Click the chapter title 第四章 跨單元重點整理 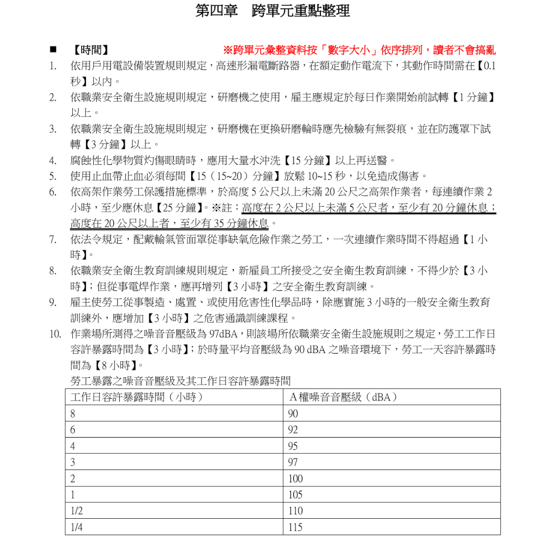(x=272, y=11)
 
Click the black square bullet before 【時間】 (x=53, y=50)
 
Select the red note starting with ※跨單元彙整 (x=359, y=50)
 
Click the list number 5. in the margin (x=53, y=176)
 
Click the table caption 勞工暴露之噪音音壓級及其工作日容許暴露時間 (x=180, y=381)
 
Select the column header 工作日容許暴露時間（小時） (x=137, y=397)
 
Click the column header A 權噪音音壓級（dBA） (x=343, y=397)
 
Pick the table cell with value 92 (x=293, y=430)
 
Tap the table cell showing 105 (x=295, y=495)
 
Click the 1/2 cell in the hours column (x=76, y=511)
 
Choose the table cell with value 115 (x=295, y=527)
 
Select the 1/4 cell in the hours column (x=76, y=527)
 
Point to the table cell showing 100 (x=295, y=478)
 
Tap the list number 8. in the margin (x=53, y=271)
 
